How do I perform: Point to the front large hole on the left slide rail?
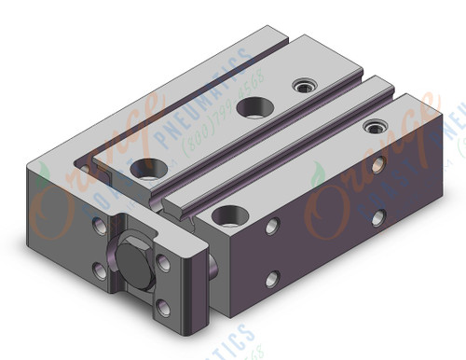pyautogui.click(x=144, y=168)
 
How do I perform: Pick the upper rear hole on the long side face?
pyautogui.click(x=377, y=165)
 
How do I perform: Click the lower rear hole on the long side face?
pyautogui.click(x=377, y=216)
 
